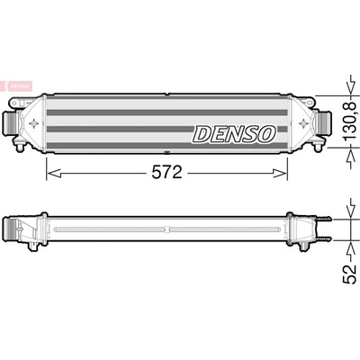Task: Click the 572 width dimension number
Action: click(x=166, y=173)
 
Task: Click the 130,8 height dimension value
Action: click(x=350, y=121)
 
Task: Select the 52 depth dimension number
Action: click(x=350, y=274)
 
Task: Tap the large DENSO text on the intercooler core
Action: click(x=234, y=134)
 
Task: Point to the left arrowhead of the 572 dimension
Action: click(x=54, y=173)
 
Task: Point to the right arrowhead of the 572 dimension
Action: click(x=280, y=173)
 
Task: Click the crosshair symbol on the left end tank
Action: click(x=33, y=123)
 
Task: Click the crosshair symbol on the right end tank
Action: click(x=303, y=123)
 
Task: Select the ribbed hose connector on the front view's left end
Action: click(x=10, y=123)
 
